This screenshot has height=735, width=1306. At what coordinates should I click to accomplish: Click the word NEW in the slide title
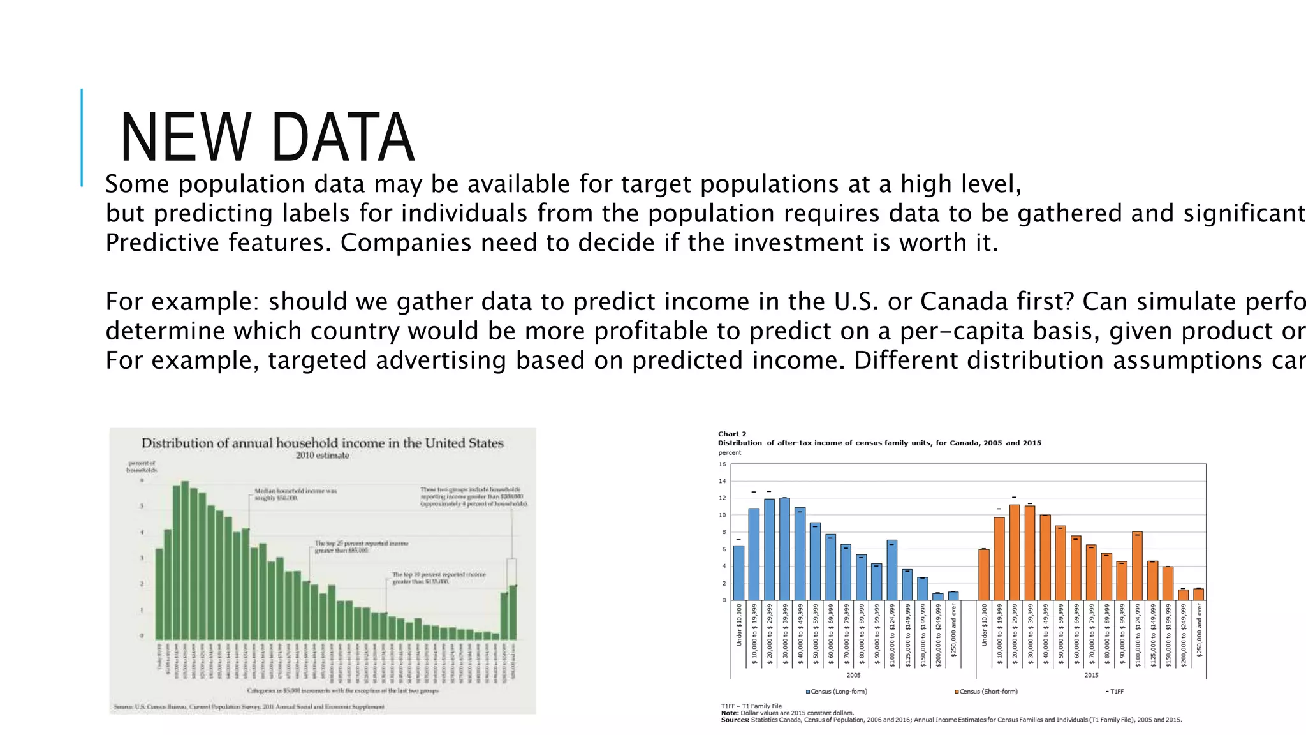tap(185, 138)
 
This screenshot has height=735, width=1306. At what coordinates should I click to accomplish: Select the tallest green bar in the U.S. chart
tap(185, 560)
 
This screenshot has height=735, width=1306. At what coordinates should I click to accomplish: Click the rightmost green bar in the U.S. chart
tap(513, 612)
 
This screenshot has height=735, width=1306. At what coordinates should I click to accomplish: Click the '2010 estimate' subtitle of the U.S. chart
tap(322, 456)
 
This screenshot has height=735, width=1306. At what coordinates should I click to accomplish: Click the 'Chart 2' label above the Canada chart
tap(732, 434)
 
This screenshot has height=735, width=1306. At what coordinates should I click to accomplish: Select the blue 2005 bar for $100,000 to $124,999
tap(892, 570)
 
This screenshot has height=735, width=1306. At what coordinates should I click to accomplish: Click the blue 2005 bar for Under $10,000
tap(738, 573)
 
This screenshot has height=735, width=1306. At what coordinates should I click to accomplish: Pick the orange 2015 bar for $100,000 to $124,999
tap(1137, 566)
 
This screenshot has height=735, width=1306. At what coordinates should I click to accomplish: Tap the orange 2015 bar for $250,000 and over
tap(1198, 594)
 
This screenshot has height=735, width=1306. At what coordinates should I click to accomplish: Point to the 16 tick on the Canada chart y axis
tap(723, 464)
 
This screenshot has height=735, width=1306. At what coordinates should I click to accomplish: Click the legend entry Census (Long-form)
tap(837, 692)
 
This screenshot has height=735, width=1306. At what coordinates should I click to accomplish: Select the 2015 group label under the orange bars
tap(1091, 675)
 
